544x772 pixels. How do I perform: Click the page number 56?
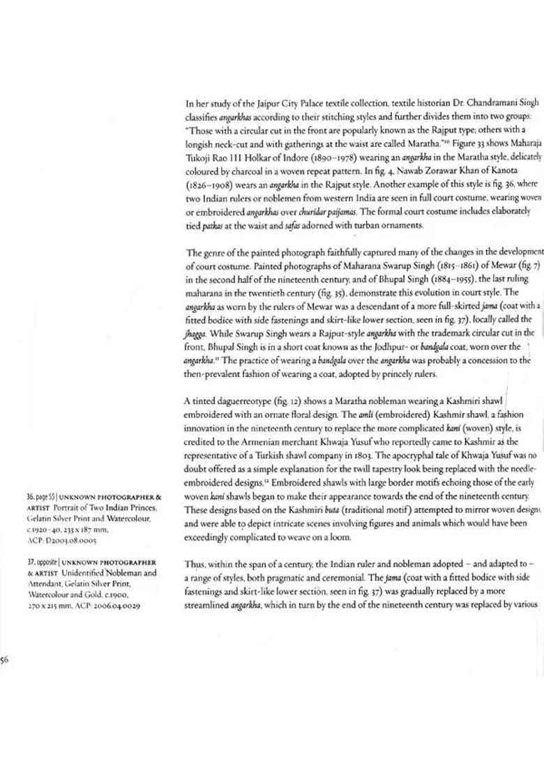(x=4, y=661)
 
